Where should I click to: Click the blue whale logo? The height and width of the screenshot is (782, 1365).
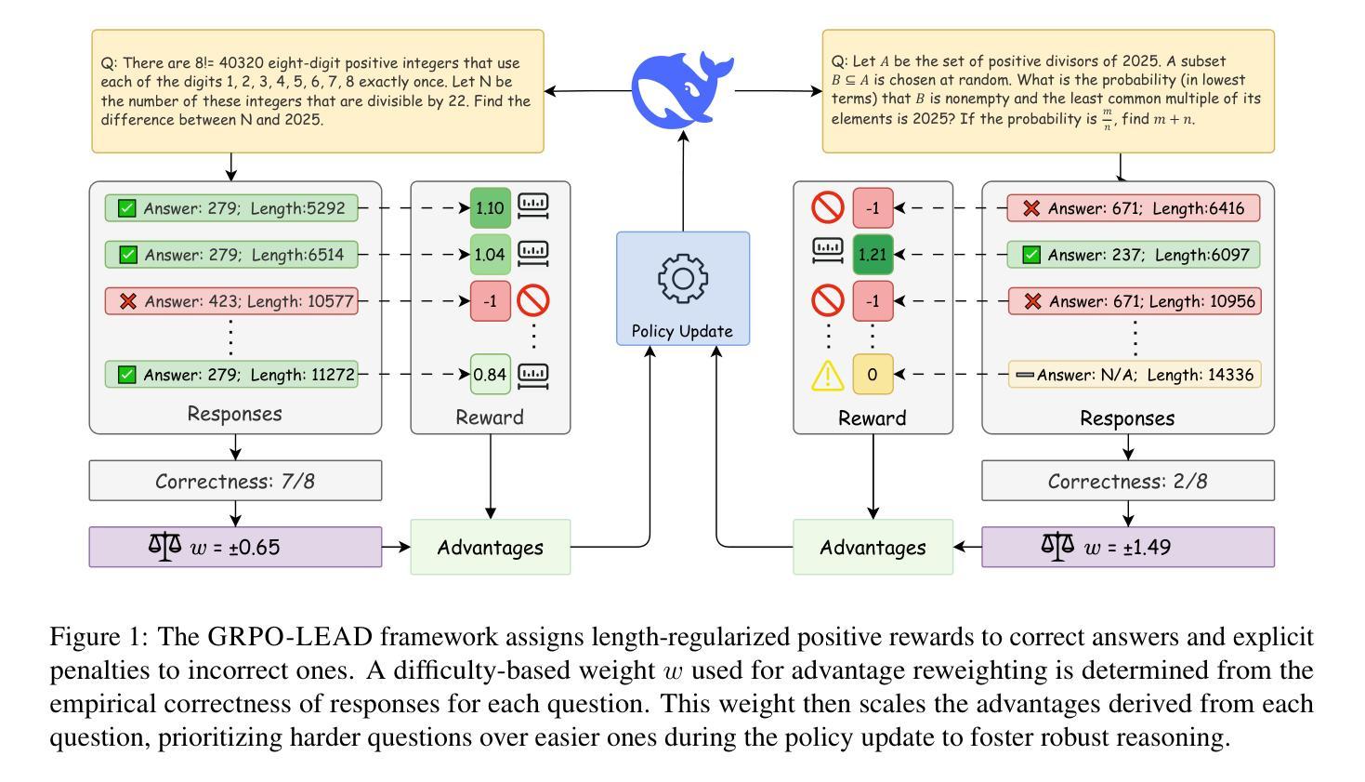point(683,88)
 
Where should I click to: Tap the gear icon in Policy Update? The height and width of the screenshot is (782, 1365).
point(683,277)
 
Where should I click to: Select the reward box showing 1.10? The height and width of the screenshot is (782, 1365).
point(491,208)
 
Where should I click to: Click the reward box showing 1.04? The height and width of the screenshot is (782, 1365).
point(491,254)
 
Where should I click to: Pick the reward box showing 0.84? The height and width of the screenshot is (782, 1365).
point(491,375)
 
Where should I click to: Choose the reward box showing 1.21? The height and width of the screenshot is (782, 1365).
point(873,254)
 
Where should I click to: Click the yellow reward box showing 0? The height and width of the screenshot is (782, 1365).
point(873,375)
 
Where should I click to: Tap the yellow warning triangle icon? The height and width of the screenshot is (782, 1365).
point(827,375)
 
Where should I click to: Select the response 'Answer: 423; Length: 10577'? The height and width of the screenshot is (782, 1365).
point(231,300)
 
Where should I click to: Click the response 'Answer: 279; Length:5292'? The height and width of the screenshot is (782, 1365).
point(231,208)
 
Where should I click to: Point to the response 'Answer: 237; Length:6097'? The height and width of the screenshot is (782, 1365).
point(1134,254)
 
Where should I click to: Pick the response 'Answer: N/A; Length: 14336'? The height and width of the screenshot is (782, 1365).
point(1134,375)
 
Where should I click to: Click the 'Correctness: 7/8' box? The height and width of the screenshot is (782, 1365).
point(235,481)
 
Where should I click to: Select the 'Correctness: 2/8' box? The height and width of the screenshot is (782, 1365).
point(1128,481)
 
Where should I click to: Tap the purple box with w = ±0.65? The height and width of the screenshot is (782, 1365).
point(235,547)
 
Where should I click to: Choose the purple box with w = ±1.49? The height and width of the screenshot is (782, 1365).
point(1128,547)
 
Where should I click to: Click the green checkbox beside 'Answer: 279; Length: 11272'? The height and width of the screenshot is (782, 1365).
point(127,375)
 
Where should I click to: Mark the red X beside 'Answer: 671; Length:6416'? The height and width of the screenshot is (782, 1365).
point(1030,208)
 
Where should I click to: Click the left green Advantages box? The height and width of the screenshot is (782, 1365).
point(491,547)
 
